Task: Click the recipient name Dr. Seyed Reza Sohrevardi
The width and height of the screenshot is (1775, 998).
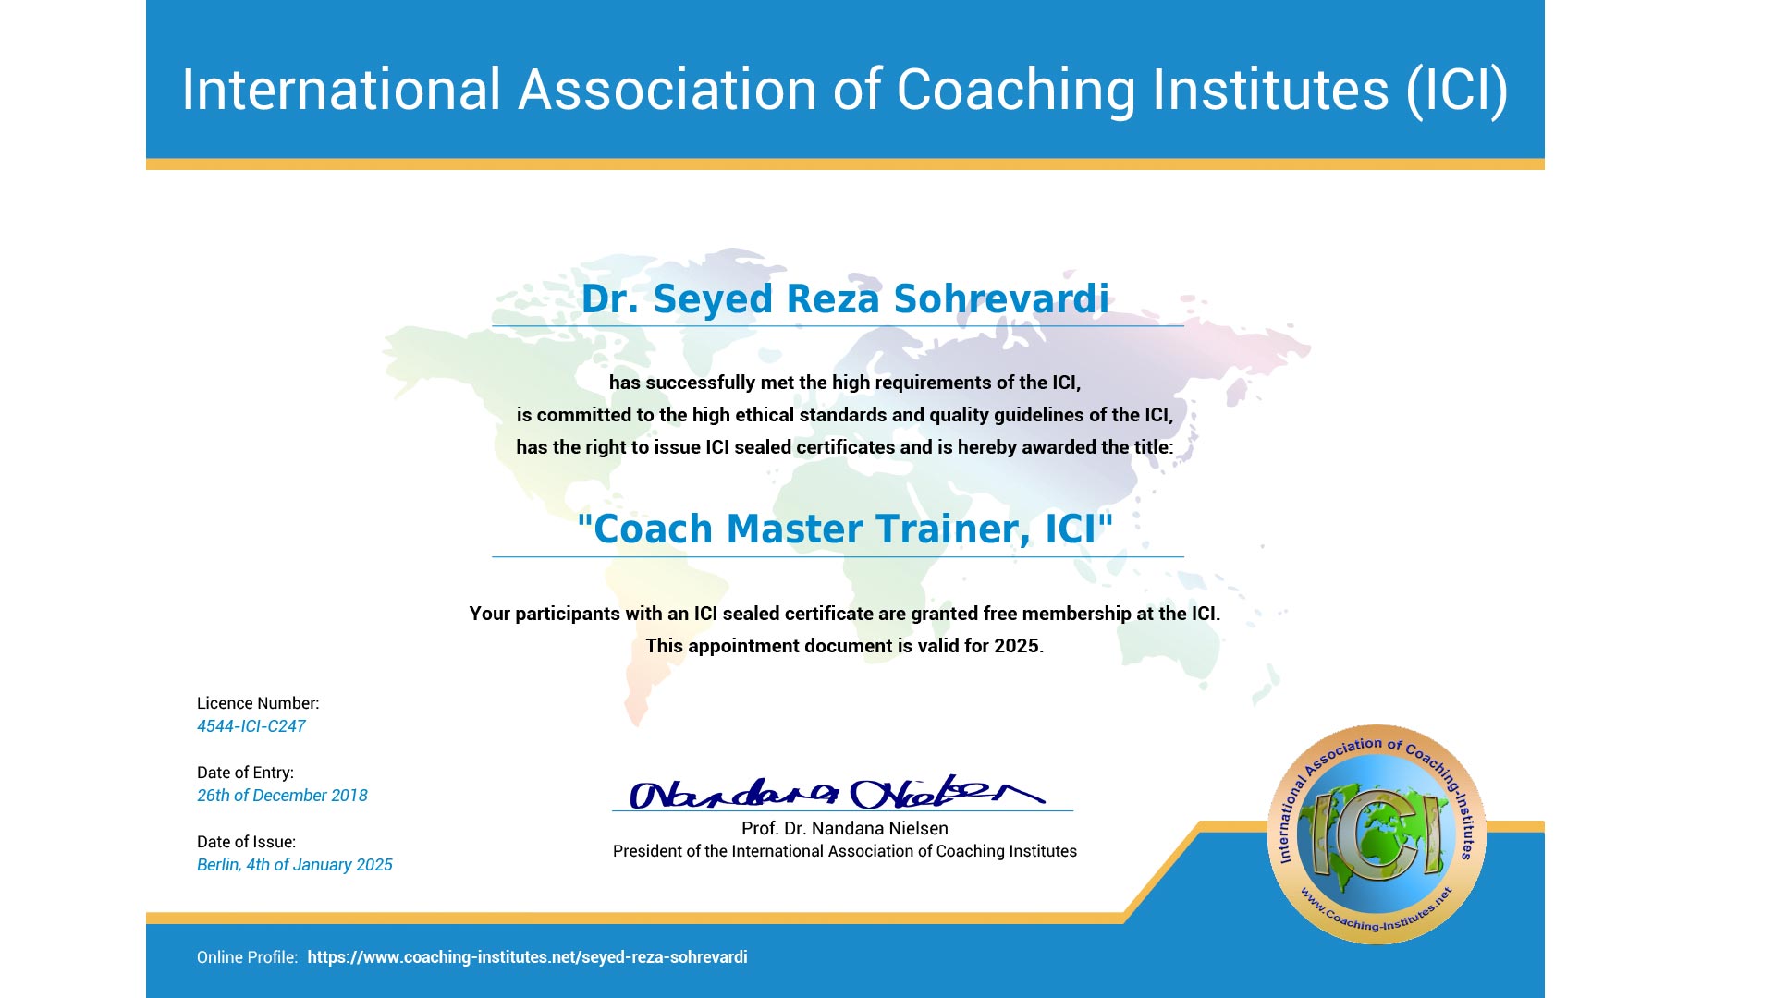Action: pyautogui.click(x=845, y=299)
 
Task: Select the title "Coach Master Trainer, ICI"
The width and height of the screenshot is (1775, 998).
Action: pyautogui.click(x=845, y=529)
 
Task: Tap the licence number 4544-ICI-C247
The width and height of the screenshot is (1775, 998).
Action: pyautogui.click(x=251, y=726)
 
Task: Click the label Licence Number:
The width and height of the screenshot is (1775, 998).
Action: pyautogui.click(x=258, y=703)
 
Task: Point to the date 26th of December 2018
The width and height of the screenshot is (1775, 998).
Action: pyautogui.click(x=282, y=796)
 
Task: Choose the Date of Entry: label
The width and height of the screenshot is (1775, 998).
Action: pyautogui.click(x=245, y=773)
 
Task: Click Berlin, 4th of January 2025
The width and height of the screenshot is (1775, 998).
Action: pyautogui.click(x=295, y=865)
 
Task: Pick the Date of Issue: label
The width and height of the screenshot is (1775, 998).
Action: pyautogui.click(x=247, y=842)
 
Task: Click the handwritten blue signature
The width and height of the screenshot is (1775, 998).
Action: pyautogui.click(x=837, y=792)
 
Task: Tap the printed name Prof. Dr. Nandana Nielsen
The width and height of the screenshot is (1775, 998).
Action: pyautogui.click(x=845, y=829)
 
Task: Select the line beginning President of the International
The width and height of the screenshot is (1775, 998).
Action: pyautogui.click(x=845, y=851)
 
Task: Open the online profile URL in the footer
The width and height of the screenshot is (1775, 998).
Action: pyautogui.click(x=527, y=957)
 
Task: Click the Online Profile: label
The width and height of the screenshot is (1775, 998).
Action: pyautogui.click(x=247, y=957)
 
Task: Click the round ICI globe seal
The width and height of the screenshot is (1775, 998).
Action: pyautogui.click(x=1377, y=834)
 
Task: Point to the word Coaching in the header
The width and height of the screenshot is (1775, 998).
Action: pyautogui.click(x=1016, y=91)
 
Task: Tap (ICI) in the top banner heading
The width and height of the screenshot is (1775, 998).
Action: pyautogui.click(x=1458, y=91)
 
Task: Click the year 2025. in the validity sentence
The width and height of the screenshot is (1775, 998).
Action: pyautogui.click(x=1019, y=646)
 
